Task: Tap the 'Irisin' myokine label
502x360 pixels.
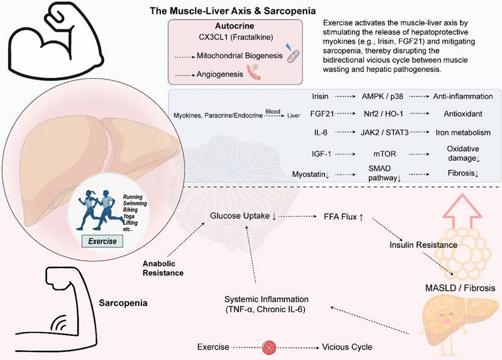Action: (320, 96)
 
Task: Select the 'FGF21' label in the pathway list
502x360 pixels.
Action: (320, 114)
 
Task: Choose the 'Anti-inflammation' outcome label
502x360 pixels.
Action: (463, 96)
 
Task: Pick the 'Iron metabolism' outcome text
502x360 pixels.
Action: (463, 132)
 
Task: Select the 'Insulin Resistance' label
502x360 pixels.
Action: (423, 245)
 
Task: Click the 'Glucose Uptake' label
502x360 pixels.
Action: (242, 216)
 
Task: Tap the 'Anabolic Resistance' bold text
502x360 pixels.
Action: (163, 269)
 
